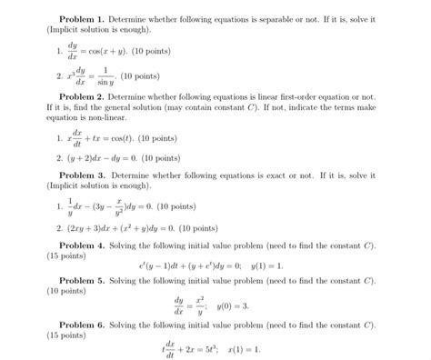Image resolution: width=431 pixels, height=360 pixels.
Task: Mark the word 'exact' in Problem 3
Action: pyautogui.click(x=286, y=174)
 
